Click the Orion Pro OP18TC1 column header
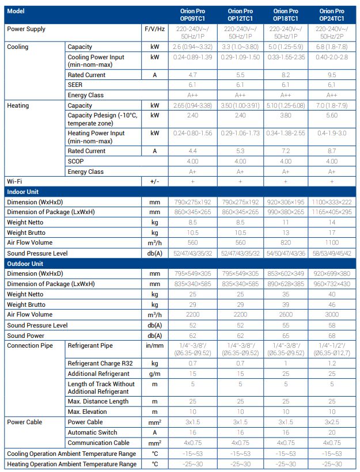click(x=286, y=14)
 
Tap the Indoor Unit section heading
click(x=24, y=192)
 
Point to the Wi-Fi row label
click(x=14, y=181)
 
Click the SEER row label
click(x=75, y=85)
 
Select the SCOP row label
click(x=77, y=161)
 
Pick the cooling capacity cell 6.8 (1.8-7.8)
click(x=332, y=47)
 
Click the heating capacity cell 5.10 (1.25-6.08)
click(x=286, y=106)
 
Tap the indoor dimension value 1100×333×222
click(x=332, y=202)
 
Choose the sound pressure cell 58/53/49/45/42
click(x=332, y=253)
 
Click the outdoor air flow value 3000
click(x=332, y=315)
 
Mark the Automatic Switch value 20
click(x=332, y=432)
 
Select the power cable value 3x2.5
click(x=332, y=422)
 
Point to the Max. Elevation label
click(x=88, y=412)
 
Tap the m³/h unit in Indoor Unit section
click(x=154, y=242)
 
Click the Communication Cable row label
click(x=100, y=443)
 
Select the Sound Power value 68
click(x=332, y=336)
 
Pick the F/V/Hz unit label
click(x=154, y=29)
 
